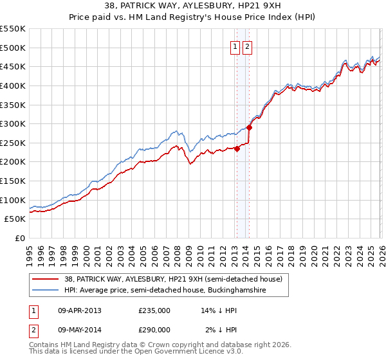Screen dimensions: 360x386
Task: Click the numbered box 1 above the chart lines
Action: click(235, 46)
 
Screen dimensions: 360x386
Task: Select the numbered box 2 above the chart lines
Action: click(248, 46)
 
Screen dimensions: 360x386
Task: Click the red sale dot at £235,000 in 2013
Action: click(236, 148)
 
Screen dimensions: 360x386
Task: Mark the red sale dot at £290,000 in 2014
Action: click(249, 127)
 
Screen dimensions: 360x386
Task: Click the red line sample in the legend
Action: click(46, 279)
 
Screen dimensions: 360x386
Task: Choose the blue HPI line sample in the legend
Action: click(46, 291)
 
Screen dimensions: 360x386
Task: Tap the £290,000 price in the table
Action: click(154, 329)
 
